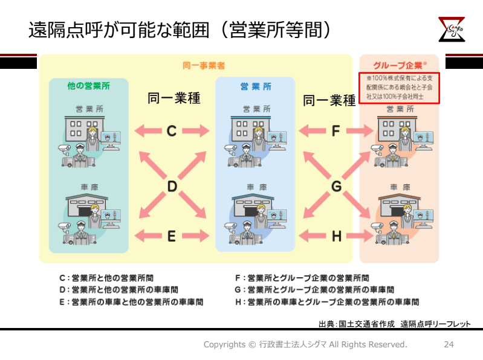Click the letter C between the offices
coord(172,130)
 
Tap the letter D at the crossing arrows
coord(172,187)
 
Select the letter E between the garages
coord(172,236)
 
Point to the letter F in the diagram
coord(336,130)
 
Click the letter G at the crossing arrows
coord(336,187)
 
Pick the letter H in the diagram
coord(336,236)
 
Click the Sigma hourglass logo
coord(452,30)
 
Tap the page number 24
coord(449,344)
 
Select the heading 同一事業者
coord(199,65)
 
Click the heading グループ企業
coord(399,65)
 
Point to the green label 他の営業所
coord(89,86)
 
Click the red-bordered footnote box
coord(399,88)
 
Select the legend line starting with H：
coord(326,301)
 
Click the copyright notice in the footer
coord(305,344)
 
